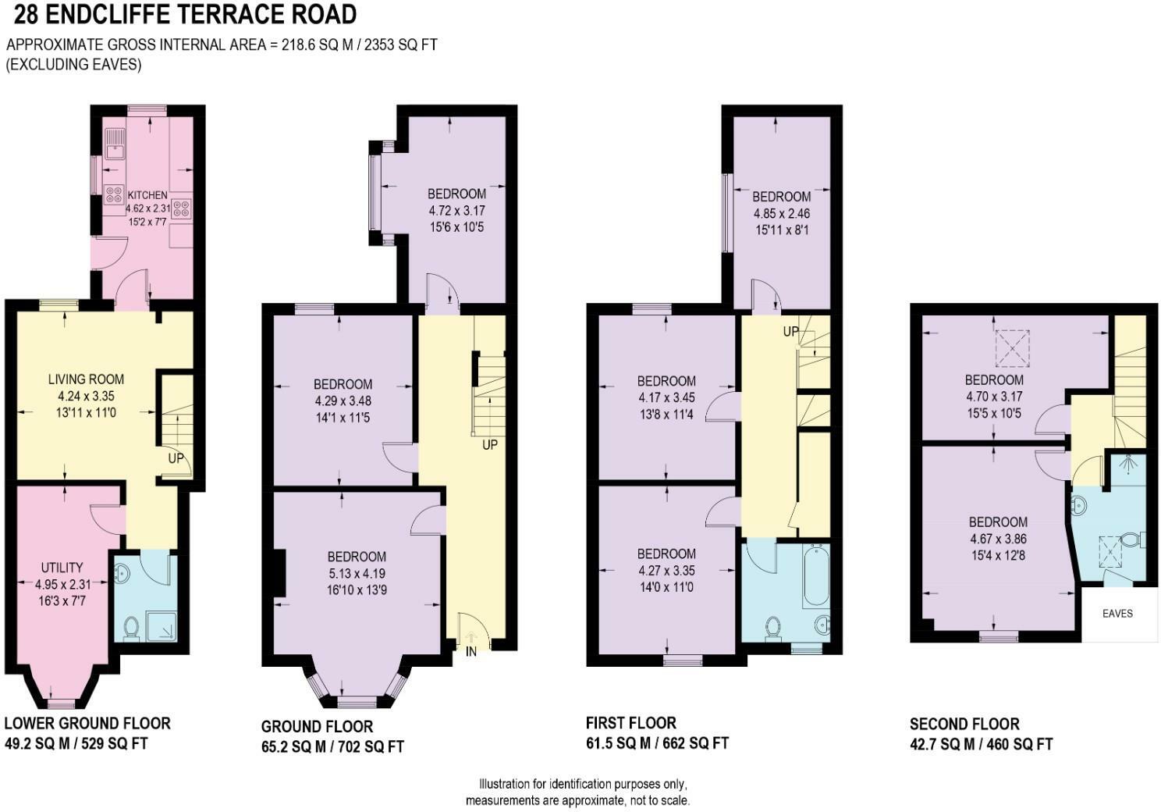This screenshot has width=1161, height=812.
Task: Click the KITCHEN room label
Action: point(147,195)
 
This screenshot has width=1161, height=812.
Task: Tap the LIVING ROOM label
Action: point(86,379)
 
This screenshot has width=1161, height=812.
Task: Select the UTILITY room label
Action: point(62,568)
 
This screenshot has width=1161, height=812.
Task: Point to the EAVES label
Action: point(1117,614)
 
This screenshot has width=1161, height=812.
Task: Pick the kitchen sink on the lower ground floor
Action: point(113,144)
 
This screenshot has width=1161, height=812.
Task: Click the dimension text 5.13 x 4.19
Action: point(357,574)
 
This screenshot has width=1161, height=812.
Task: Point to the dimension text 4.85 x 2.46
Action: point(782,213)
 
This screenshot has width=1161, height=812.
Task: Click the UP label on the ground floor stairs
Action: point(490,444)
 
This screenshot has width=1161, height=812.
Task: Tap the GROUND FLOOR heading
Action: point(318,726)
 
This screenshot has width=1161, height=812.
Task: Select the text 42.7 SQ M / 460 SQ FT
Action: point(981,745)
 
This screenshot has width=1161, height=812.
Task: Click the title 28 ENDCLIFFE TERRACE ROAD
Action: point(185,15)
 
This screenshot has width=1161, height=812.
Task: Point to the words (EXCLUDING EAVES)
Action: point(73,64)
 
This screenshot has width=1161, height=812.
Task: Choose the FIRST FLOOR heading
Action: point(630,723)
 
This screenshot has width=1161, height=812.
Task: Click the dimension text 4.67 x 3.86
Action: point(998,539)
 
